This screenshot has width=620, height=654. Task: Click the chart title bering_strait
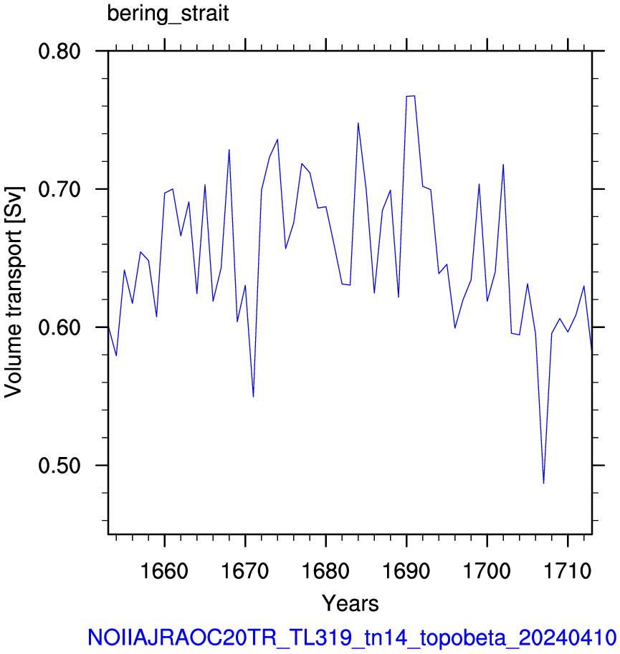click(168, 14)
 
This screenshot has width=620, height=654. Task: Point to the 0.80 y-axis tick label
click(59, 52)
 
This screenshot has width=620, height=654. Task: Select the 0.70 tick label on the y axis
click(59, 189)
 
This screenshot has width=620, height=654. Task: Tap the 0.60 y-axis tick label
click(59, 327)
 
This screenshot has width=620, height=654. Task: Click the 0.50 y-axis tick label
click(59, 466)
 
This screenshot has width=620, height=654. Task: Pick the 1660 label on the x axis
click(164, 571)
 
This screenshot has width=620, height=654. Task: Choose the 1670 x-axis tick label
click(245, 571)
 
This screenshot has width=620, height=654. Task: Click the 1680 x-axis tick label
click(325, 571)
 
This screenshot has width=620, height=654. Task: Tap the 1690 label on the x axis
click(406, 571)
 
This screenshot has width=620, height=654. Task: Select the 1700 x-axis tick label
click(487, 571)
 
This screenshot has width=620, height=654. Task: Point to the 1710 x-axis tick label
click(568, 571)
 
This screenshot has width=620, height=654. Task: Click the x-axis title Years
click(350, 604)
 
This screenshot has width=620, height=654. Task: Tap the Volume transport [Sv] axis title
click(14, 292)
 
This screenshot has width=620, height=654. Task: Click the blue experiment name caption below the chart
click(352, 638)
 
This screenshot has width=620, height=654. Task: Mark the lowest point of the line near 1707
click(543, 483)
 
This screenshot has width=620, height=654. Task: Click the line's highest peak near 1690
click(410, 96)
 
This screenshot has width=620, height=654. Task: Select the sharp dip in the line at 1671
click(253, 396)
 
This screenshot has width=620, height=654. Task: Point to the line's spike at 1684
click(358, 123)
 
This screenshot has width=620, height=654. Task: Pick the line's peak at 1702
click(503, 165)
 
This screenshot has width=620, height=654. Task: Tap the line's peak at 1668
click(229, 150)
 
